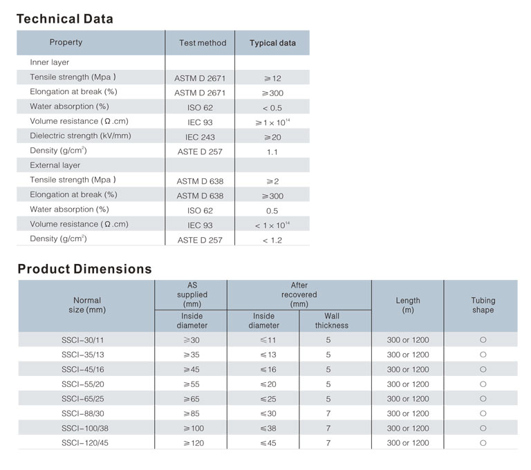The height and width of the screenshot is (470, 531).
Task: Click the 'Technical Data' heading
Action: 65,19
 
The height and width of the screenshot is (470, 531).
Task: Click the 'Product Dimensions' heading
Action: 84,269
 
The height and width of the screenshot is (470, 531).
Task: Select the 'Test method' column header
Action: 203,43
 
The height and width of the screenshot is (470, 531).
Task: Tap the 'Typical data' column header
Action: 272,43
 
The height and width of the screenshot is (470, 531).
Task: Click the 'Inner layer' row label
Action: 50,62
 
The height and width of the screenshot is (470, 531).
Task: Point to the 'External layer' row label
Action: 55,165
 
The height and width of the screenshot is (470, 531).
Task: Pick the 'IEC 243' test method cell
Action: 200,137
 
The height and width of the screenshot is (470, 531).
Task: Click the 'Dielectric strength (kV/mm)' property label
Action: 80,135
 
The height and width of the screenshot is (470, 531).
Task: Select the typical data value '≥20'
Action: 272,137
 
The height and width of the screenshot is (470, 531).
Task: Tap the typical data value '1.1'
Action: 272,152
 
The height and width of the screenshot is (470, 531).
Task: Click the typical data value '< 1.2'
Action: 272,241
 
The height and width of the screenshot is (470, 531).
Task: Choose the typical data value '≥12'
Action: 272,79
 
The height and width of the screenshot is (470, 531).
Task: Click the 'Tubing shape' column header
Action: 483,305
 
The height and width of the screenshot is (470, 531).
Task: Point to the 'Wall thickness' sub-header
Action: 332,321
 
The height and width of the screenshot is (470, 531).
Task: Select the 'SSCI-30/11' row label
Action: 83,340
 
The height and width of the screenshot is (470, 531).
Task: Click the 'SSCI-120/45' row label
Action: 85,443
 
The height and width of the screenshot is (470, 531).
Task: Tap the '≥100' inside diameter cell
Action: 194,429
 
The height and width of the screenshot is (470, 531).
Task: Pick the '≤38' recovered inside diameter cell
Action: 268,429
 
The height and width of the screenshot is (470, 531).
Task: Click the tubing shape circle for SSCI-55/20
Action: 483,384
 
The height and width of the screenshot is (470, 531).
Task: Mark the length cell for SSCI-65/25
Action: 408,399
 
